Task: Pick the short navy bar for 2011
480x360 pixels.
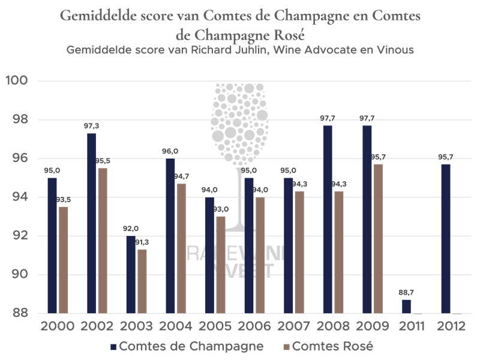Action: click(x=406, y=306)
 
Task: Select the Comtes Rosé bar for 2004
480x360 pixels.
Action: click(x=181, y=248)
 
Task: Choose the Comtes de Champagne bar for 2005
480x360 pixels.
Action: click(x=209, y=256)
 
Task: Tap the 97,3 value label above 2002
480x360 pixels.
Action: click(x=92, y=127)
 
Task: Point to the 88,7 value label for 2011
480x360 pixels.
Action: click(x=406, y=292)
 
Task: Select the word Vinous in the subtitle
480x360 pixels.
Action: click(x=393, y=50)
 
